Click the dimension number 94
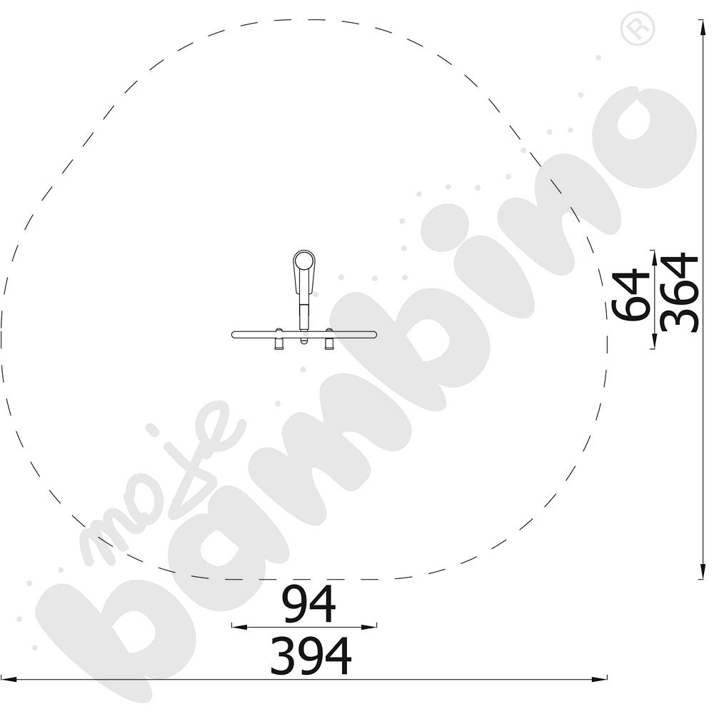(309, 604)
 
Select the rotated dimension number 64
(630, 296)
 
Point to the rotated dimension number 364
(679, 292)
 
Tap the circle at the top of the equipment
(303, 261)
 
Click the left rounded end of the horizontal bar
(234, 335)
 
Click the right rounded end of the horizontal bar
(374, 335)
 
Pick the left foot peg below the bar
(278, 343)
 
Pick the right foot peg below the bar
(329, 343)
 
